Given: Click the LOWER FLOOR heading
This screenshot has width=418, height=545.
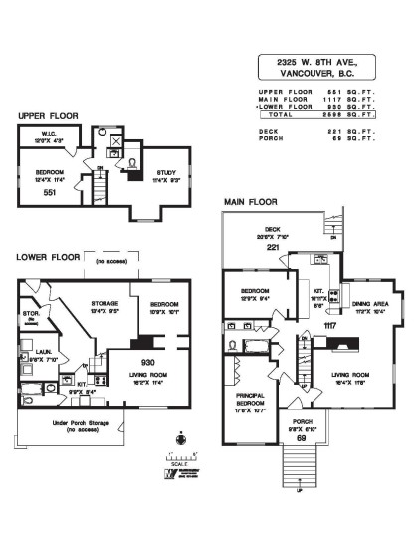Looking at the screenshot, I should coord(49,257).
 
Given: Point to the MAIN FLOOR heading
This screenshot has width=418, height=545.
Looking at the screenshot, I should coord(252,201).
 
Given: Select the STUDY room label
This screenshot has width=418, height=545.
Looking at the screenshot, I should coord(164,171).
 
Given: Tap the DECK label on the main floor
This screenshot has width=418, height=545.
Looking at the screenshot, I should coord(272,228).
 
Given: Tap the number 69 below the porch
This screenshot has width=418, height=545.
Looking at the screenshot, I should coord(300,437).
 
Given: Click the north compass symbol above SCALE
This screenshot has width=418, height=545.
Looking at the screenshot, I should coord(180,436).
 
